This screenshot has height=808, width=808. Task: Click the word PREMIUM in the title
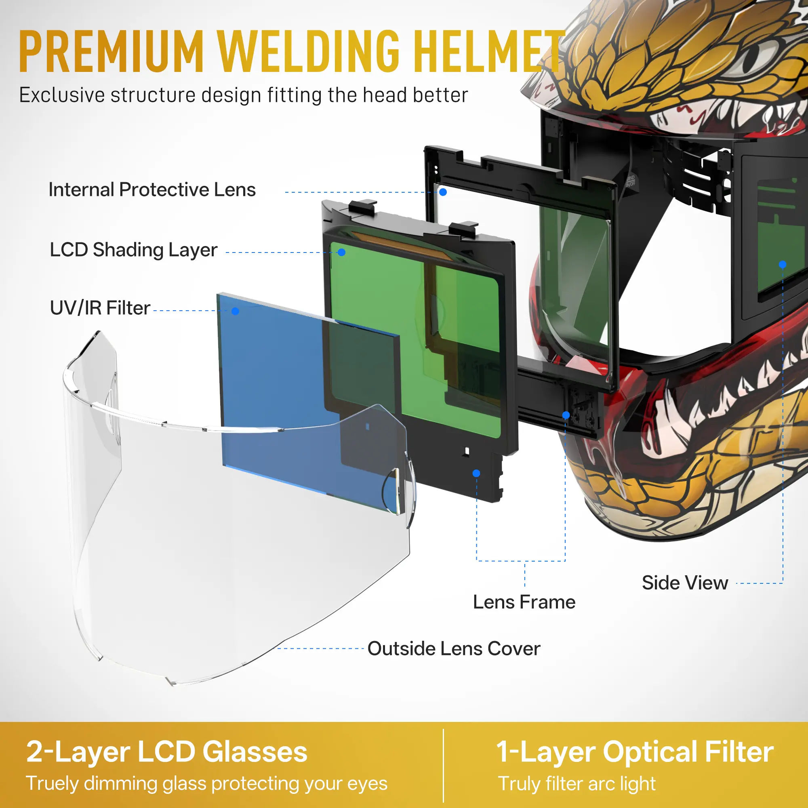click(111, 52)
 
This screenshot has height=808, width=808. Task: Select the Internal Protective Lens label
click(152, 190)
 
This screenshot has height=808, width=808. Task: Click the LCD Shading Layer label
click(133, 250)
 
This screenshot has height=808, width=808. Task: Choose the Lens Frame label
click(524, 602)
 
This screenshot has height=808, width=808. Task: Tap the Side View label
click(685, 583)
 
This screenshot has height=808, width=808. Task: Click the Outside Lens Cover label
click(454, 649)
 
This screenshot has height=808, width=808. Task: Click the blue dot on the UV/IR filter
click(236, 311)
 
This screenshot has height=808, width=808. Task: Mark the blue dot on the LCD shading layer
click(342, 252)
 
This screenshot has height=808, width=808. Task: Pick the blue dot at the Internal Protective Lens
click(443, 192)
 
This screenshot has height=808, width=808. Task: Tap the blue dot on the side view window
click(783, 264)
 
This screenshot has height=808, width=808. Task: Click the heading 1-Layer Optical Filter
click(634, 752)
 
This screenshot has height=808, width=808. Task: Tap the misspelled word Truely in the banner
click(52, 783)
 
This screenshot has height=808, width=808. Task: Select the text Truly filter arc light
click(577, 784)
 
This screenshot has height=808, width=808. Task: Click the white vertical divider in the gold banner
click(443, 765)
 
